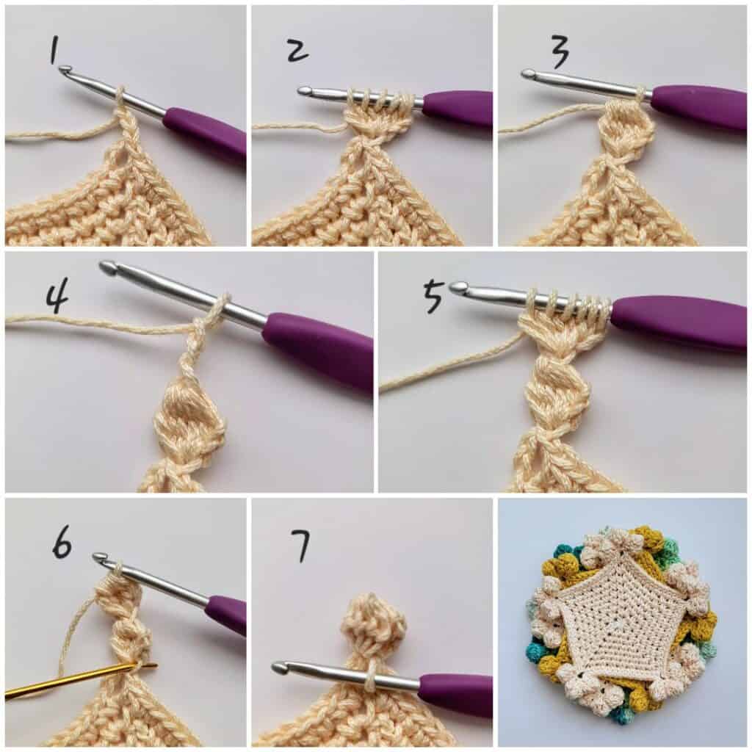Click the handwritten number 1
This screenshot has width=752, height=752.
(54, 51)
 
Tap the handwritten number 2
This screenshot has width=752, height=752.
(297, 51)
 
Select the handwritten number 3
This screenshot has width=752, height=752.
(558, 51)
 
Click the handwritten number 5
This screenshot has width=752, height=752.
(433, 297)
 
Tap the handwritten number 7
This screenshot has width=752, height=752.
(300, 546)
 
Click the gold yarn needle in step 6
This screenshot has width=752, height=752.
(81, 679)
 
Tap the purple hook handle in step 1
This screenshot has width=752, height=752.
(204, 136)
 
